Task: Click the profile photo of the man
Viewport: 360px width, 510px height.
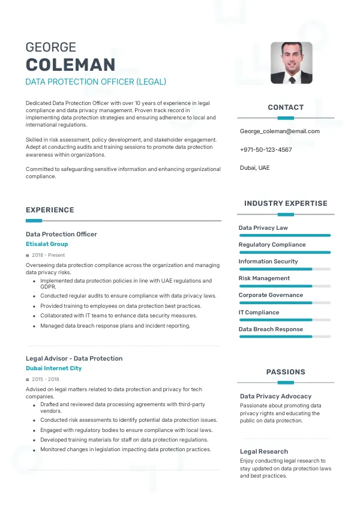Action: tap(291, 62)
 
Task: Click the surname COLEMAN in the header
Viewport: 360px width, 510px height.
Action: tap(70, 65)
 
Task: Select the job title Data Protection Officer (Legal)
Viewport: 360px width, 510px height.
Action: tap(95, 82)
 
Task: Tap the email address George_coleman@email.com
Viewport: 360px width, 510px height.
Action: tap(280, 131)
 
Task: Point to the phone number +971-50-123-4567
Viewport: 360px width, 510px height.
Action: tap(266, 149)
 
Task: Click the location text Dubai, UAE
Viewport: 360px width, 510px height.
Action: tap(255, 167)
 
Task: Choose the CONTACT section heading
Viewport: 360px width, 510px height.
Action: tap(286, 107)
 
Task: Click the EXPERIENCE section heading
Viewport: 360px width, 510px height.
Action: tap(50, 210)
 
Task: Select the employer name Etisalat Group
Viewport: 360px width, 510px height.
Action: tap(47, 244)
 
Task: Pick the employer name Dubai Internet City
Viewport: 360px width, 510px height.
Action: tap(53, 368)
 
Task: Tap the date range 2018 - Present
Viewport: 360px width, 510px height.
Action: tap(48, 255)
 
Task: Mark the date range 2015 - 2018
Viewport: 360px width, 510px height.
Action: tap(46, 379)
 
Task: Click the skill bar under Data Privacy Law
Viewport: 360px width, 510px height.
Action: tap(284, 235)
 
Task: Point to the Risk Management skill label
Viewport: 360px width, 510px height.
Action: tap(264, 278)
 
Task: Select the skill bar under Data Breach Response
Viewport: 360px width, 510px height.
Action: tap(284, 337)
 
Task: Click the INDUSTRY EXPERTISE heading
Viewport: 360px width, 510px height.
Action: tap(286, 203)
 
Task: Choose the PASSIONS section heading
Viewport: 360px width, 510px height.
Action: tap(286, 372)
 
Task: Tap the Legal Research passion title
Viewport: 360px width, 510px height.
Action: tap(264, 451)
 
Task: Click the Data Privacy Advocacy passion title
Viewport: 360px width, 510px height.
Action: tap(275, 396)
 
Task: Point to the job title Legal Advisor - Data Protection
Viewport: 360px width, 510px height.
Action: tap(74, 358)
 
